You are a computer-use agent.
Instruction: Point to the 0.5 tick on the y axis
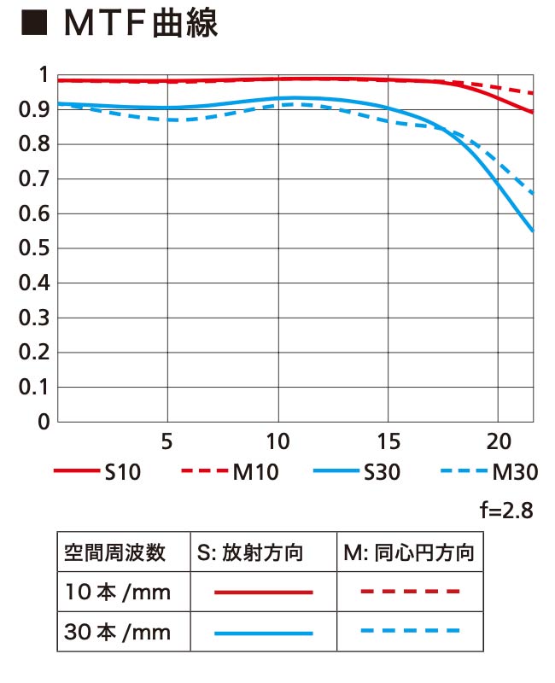(x=32, y=248)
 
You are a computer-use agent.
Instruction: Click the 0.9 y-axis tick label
(x=32, y=110)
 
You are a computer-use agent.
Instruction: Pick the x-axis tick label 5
(x=167, y=442)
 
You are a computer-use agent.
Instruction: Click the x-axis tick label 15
(x=387, y=442)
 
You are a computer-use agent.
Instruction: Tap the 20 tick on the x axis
(x=497, y=442)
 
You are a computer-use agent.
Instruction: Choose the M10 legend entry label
(x=255, y=471)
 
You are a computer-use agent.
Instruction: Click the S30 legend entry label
(x=382, y=471)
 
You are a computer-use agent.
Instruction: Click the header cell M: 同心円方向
(x=408, y=553)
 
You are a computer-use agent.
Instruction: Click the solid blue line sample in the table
(x=263, y=633)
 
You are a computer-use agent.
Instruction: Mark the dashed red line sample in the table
(x=410, y=592)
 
